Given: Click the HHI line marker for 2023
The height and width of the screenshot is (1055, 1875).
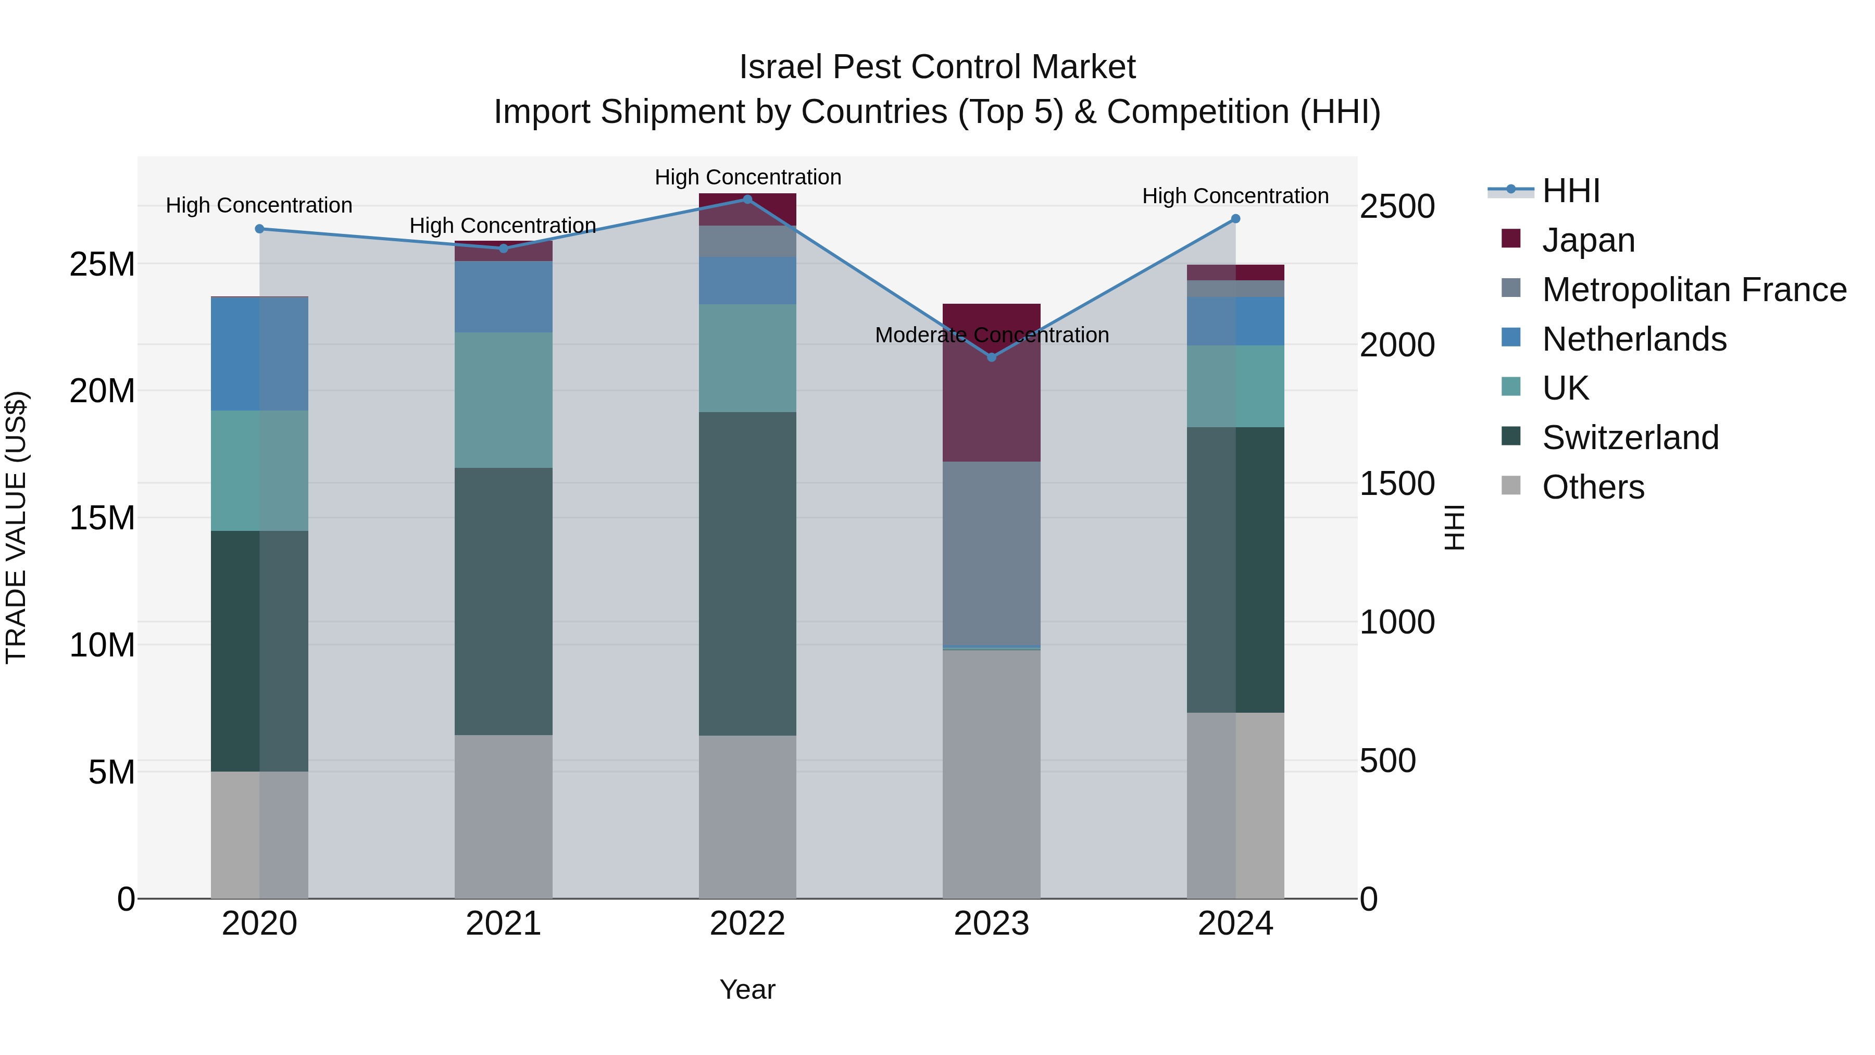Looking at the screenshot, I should coord(991,357).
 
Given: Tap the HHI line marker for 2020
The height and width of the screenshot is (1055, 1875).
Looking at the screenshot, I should coord(259,229).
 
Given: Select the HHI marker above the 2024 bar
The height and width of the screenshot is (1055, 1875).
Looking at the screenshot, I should coord(1235,218).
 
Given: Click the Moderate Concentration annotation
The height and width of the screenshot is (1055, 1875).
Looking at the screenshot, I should coord(991,335).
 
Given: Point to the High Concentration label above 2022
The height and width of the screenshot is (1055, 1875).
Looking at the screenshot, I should coord(747,177).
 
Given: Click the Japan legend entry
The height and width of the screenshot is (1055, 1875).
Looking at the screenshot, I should coord(1587,240).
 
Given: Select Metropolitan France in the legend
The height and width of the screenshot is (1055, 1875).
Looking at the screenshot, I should coord(1693,290).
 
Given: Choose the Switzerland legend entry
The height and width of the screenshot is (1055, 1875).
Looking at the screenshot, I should coord(1630,438).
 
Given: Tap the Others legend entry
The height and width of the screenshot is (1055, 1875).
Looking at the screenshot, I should coord(1593,487).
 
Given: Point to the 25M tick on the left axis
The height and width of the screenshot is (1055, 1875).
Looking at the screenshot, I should coord(102,264).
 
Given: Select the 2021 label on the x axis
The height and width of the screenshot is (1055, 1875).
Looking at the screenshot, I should coord(503,924).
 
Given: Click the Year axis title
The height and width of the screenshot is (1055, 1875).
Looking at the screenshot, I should coord(747,989).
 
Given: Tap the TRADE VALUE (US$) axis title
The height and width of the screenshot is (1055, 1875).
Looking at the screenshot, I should coord(16,527).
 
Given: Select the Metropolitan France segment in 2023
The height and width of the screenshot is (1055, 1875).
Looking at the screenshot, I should coord(991,553).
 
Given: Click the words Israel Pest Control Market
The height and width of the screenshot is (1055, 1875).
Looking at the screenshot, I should coord(937,67).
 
